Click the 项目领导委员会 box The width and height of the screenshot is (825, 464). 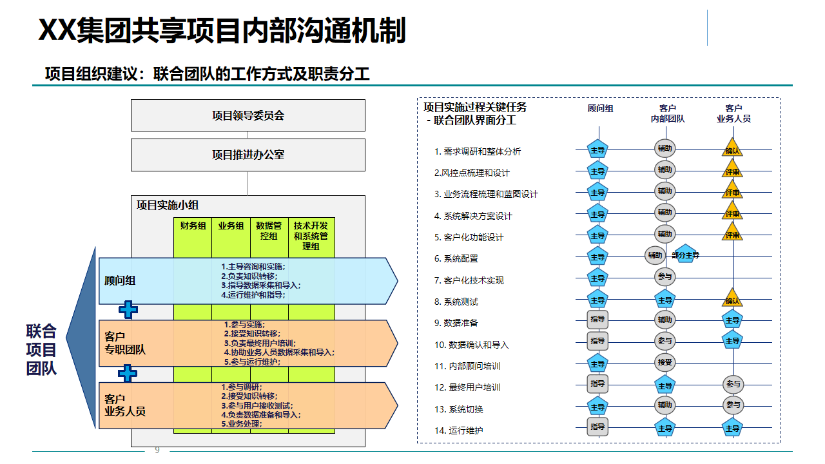[x=248, y=115]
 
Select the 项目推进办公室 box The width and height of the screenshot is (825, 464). [x=248, y=155]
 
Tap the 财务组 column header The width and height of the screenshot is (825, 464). [x=193, y=226]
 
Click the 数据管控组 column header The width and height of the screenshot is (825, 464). [x=269, y=231]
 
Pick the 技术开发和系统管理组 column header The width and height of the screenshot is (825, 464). [x=311, y=235]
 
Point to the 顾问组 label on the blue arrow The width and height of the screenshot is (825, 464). [x=120, y=280]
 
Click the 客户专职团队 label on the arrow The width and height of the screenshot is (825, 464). [x=125, y=343]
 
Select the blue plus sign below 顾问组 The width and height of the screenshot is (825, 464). [x=128, y=310]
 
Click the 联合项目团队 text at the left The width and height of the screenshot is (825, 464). [x=41, y=350]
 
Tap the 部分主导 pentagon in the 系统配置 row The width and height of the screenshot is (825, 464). [x=686, y=255]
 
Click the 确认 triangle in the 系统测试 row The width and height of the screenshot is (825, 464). [x=733, y=299]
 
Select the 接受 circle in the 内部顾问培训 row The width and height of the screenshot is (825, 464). [x=665, y=362]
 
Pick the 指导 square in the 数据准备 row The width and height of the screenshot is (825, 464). [x=597, y=320]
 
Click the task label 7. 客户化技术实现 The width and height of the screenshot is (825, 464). [x=469, y=280]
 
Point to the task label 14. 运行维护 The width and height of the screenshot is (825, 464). [x=458, y=430]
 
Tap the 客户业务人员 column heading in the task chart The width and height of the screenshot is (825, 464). [x=733, y=113]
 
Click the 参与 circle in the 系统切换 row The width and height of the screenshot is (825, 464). [x=733, y=405]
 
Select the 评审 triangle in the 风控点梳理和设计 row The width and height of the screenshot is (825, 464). [x=733, y=171]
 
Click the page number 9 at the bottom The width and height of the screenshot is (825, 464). [x=157, y=450]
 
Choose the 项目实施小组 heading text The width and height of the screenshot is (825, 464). [x=168, y=205]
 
